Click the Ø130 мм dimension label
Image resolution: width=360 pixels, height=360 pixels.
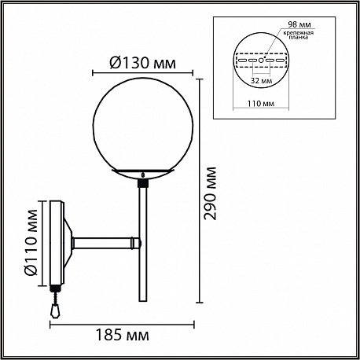143,63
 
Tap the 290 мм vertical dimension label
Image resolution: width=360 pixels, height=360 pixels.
211,193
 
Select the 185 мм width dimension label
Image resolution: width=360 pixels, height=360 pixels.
122,335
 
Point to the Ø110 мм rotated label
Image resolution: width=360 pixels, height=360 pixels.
31,243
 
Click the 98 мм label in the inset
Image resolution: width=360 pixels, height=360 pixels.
299,24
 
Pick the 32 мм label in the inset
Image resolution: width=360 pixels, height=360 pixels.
261,80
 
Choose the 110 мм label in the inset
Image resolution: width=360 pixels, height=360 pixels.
261,104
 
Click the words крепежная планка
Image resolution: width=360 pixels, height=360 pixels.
299,35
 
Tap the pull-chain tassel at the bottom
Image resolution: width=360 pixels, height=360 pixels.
55,312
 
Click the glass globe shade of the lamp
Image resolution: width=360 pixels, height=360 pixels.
143,126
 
